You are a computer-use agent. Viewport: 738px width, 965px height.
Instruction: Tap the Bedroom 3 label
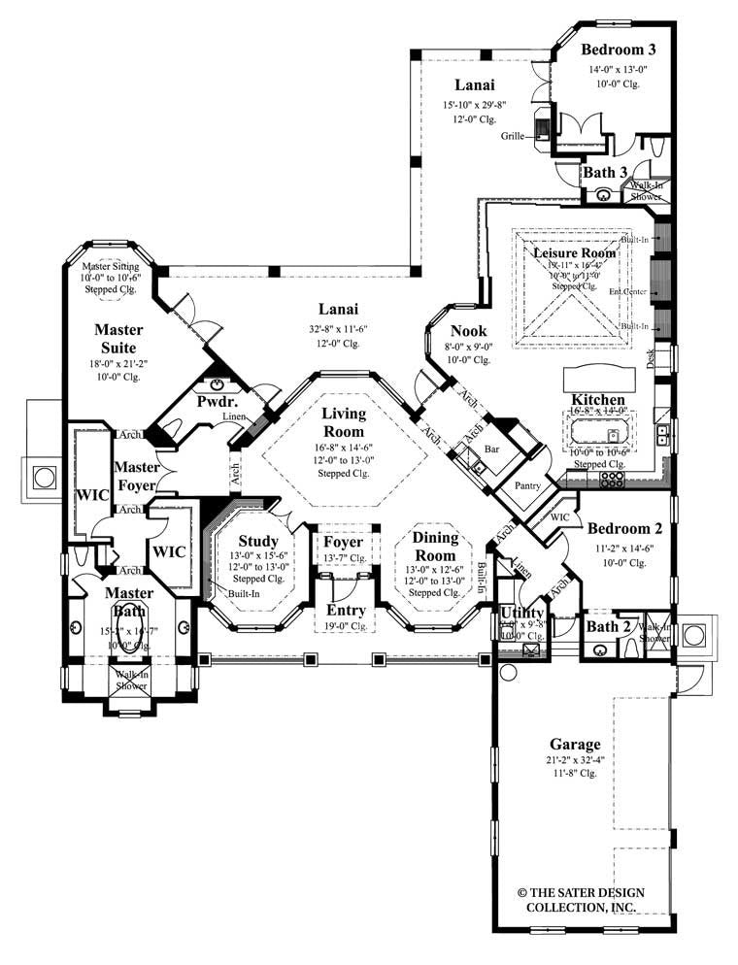coord(620,49)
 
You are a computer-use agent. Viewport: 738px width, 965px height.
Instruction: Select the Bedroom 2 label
coord(623,529)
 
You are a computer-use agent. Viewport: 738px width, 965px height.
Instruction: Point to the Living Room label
coord(344,422)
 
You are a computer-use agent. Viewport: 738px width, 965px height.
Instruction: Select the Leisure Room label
coord(575,251)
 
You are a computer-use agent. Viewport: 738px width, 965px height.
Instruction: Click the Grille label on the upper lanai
coord(513,137)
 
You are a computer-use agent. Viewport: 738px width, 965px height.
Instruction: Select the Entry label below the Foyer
coord(346,610)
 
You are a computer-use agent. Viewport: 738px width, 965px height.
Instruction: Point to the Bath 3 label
coord(604,172)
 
